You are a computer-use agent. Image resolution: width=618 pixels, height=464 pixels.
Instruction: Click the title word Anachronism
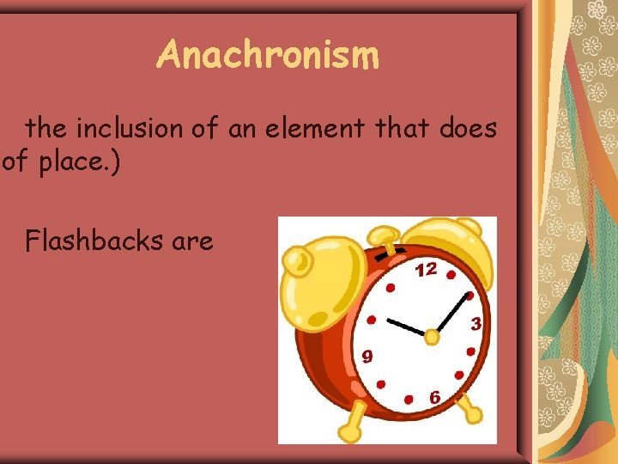(x=267, y=56)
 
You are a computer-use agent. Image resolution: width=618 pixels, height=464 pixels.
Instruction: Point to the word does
(x=467, y=129)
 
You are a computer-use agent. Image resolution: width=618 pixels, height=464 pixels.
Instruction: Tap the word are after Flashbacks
(x=192, y=242)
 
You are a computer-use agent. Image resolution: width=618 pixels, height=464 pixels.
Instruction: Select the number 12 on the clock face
(x=425, y=270)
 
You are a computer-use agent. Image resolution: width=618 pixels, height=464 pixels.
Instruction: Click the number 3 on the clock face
(x=475, y=324)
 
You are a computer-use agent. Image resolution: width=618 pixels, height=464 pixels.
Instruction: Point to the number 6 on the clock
(x=435, y=398)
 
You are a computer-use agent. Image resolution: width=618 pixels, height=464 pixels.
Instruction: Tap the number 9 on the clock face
(x=367, y=355)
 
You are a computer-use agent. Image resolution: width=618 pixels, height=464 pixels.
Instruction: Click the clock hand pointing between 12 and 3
(x=452, y=311)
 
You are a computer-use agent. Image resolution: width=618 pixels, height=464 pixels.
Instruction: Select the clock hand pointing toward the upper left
(x=406, y=327)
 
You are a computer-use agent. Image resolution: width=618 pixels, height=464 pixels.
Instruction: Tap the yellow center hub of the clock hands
(x=432, y=337)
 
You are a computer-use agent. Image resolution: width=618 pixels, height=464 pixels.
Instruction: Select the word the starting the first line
(x=46, y=129)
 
